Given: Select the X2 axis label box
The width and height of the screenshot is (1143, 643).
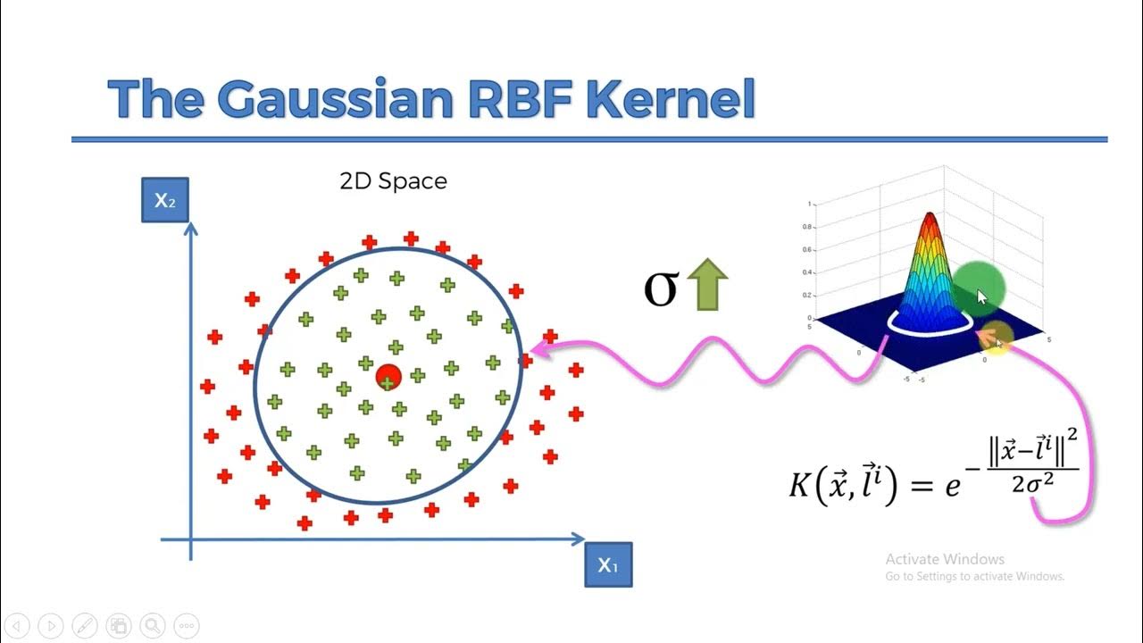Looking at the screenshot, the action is coord(165,200).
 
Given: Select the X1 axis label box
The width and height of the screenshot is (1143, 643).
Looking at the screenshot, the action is coord(608,564).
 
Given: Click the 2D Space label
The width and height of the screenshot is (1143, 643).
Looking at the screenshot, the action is coord(393,181).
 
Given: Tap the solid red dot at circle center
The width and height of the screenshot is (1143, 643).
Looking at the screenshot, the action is coord(388,377).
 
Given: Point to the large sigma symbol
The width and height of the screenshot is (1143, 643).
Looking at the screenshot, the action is coord(661,288).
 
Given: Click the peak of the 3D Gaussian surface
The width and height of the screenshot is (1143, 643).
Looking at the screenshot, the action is coord(930,216).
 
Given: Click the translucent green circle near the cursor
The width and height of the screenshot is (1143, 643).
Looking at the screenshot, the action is coord(979,288).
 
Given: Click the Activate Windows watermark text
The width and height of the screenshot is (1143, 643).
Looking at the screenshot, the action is coord(945,559).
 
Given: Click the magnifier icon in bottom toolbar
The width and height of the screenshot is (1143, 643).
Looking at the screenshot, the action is coord(153,625).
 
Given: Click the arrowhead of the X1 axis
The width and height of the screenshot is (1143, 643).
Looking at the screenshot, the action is coord(579,539).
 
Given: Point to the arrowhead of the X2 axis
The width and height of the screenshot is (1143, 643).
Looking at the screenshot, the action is coord(190,229).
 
